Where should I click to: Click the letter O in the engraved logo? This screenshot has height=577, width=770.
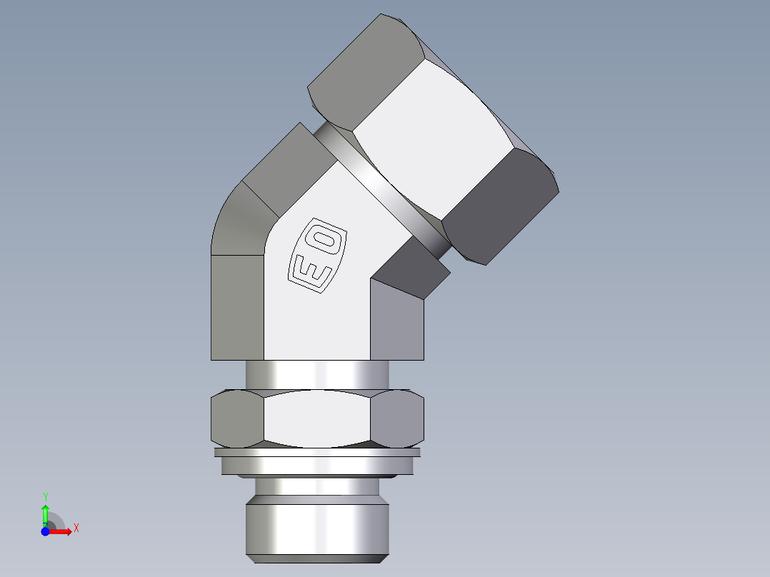pyautogui.click(x=328, y=239)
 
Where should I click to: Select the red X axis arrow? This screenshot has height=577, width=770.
pyautogui.click(x=62, y=531)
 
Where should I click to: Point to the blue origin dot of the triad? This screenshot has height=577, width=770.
pyautogui.click(x=45, y=531)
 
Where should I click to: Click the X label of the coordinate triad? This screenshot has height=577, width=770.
pyautogui.click(x=76, y=528)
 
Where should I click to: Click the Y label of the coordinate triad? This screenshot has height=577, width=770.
pyautogui.click(x=45, y=496)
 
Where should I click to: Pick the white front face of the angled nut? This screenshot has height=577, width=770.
pyautogui.click(x=436, y=136)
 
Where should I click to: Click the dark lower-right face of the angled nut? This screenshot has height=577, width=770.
pyautogui.click(x=500, y=207)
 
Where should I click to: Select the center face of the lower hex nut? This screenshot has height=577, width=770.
pyautogui.click(x=318, y=419)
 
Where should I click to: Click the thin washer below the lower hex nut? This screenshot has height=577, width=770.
pyautogui.click(x=318, y=452)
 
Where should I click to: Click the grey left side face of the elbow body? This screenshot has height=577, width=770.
pyautogui.click(x=237, y=307)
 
